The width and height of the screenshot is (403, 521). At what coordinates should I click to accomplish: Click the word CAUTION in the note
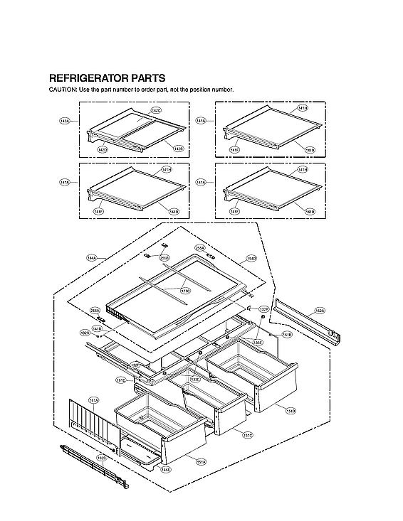coord(62,90)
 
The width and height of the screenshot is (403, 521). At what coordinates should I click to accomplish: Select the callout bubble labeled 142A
coord(65,122)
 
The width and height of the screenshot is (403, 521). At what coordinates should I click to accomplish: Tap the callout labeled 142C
coord(156,111)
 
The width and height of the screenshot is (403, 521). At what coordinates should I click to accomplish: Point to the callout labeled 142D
coord(103,150)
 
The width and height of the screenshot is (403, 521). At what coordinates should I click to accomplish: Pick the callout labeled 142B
coord(178,148)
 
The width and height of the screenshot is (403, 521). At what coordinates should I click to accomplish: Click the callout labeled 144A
coord(91,257)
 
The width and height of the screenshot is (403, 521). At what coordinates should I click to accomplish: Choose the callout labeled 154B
coord(251,258)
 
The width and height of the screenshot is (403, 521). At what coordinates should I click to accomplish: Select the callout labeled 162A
coord(320,311)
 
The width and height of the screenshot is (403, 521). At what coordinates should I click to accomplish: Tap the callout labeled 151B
coord(291,411)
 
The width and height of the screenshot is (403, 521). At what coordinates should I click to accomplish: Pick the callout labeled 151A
coord(201,462)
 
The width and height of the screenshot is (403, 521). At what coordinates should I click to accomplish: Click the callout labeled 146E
coord(166,470)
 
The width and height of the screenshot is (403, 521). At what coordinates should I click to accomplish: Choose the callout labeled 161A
coord(93,402)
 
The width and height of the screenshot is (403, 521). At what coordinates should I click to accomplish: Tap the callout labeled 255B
coord(164,258)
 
